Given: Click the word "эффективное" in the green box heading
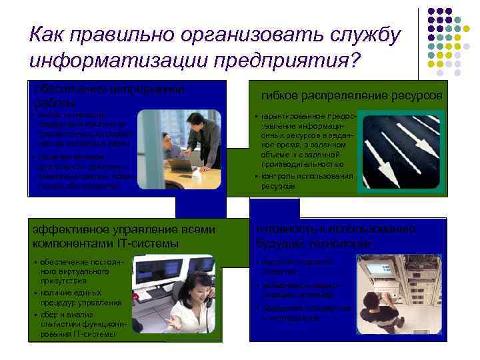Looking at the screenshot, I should tap(71, 230).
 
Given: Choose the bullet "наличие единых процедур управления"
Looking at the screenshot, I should tap(80, 297).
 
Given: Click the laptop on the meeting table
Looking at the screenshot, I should tap(180, 163).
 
